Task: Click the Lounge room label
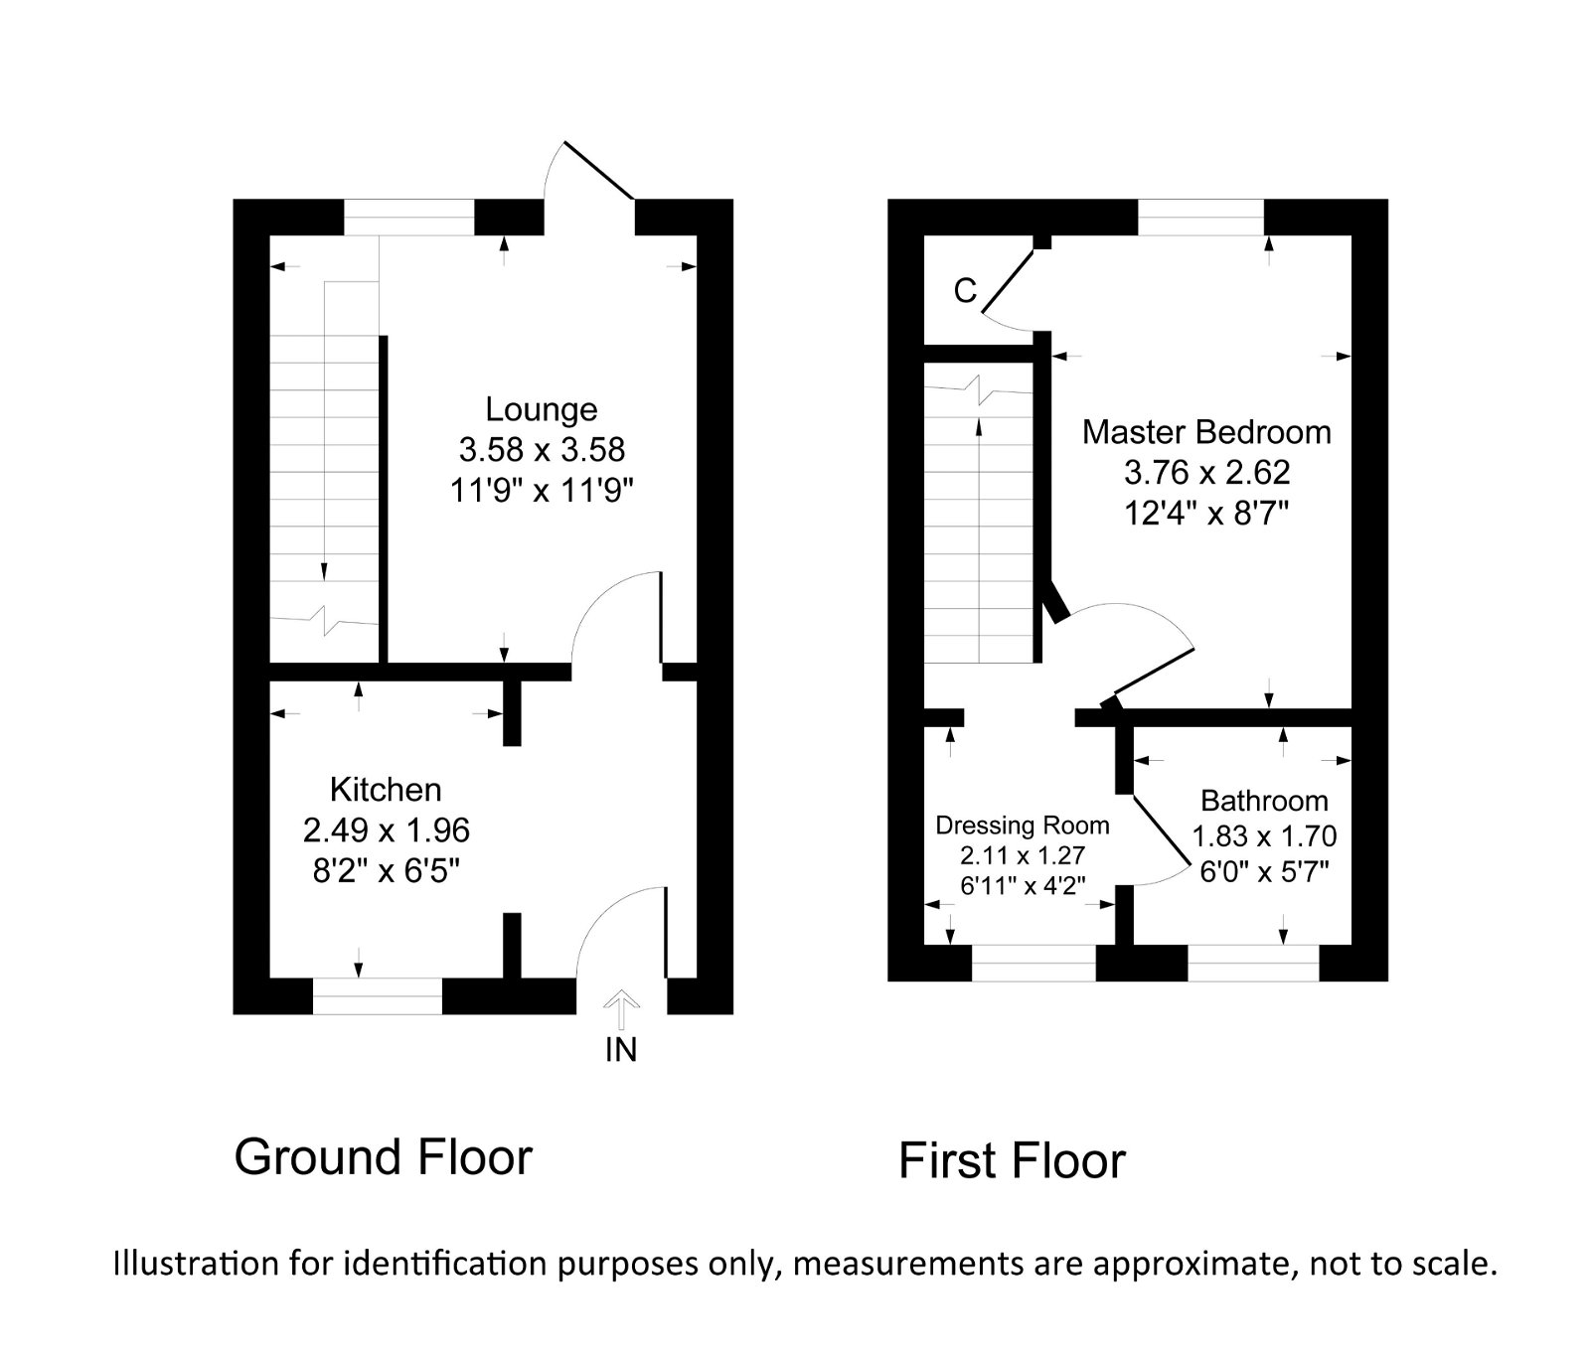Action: tap(541, 409)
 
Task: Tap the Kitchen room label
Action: tap(386, 790)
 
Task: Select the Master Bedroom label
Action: tap(1206, 432)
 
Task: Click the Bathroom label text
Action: tap(1264, 801)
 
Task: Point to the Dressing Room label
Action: tap(1023, 826)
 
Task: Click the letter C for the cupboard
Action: tap(965, 291)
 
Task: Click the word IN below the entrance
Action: tap(621, 1050)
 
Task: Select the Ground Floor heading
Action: tap(384, 1157)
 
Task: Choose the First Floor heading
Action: tap(1012, 1160)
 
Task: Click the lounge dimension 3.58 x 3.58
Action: tap(542, 449)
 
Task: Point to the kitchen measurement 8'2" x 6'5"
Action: tap(386, 870)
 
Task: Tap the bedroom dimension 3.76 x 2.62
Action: tap(1206, 472)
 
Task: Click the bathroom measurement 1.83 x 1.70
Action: tap(1264, 836)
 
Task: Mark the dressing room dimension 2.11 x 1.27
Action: tap(1023, 855)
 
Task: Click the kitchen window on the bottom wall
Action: tap(378, 995)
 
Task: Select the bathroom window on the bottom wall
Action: tap(1253, 963)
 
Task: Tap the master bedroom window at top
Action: tap(1200, 217)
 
